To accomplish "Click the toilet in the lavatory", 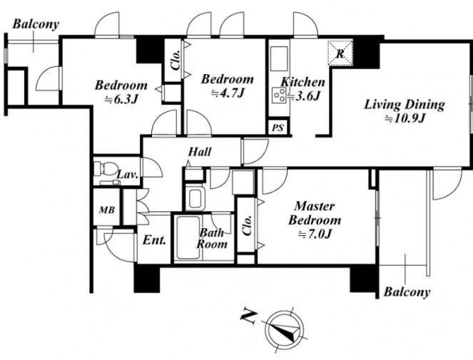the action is point(105,168).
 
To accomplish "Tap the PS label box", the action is point(278,128).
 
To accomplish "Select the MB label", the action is point(107,210).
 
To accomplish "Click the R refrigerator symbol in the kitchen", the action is point(340,53).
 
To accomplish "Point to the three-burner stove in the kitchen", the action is point(280,95).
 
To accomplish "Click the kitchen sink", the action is point(280,58).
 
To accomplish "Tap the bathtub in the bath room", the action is point(188,237).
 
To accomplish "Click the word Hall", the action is point(200,152).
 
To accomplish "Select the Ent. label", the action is point(154,240).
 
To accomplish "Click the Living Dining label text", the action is point(405,105).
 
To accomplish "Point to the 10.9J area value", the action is point(405,119).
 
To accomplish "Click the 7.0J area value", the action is point(315,234).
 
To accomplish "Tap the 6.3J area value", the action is point(121,99).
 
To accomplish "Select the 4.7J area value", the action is point(227,93).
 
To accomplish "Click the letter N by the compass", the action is point(249,317).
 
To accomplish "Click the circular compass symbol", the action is point(283,329).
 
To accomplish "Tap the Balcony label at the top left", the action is point(36,24).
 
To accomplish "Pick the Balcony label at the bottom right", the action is point(407,292).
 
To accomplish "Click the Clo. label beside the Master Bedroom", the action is point(247,225).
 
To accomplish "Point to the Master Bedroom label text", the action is point(315,213).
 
